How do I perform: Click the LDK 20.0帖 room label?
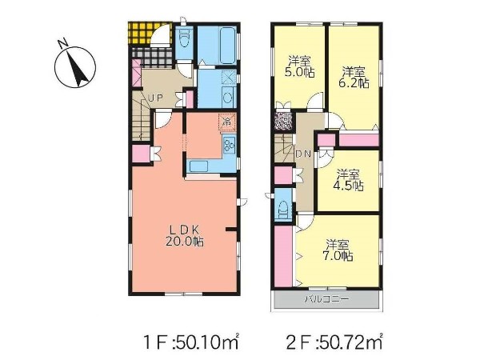pos(185,235)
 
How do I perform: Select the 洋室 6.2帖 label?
pos(354,78)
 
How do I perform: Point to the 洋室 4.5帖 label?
pos(349,180)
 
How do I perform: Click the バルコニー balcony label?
pos(326,298)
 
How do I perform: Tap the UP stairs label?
pos(155,98)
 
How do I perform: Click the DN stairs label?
pos(303,154)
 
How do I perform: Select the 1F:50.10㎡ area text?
pos(191,342)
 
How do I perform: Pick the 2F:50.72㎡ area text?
pos(334,342)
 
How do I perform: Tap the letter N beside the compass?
pos(64,44)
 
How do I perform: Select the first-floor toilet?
pos(184,38)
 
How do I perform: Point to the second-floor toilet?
pos(283,207)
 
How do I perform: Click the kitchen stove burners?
pos(230,145)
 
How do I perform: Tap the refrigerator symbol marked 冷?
pos(227,122)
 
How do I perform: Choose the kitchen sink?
pos(198,166)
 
